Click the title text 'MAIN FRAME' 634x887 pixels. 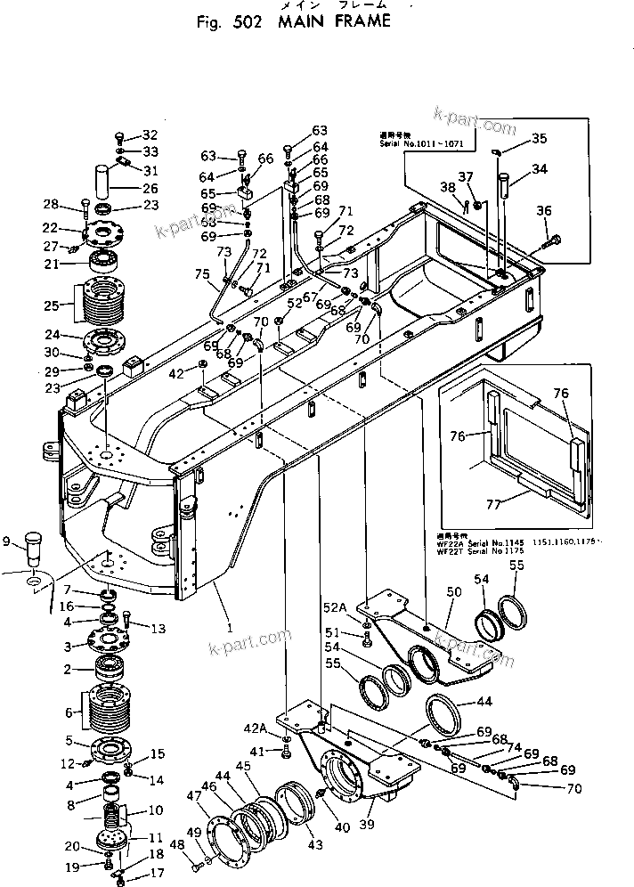[x=334, y=21]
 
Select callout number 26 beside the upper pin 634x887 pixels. [x=150, y=188]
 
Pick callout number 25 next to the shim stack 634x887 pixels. [x=51, y=305]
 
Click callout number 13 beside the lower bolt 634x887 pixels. [x=158, y=629]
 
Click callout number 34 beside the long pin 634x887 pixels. [x=540, y=168]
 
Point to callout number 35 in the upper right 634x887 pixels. [x=540, y=138]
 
